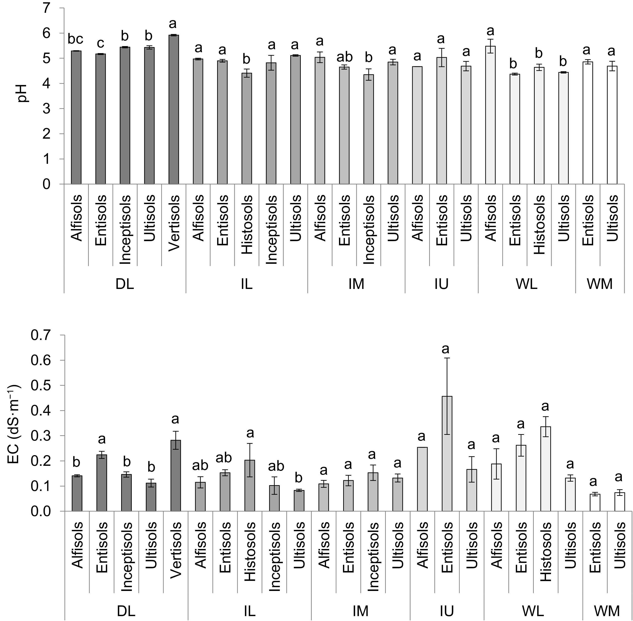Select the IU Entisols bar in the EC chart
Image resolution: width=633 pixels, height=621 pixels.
pos(447,454)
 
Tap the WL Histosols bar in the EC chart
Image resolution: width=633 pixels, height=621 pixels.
pos(546,469)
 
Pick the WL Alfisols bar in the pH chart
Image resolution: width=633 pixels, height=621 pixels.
pos(490,115)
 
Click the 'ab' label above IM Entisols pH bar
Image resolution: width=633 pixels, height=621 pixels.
pos(345,57)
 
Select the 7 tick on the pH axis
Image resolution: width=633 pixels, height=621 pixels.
pos(47,8)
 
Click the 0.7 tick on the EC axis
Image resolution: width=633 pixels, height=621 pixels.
pos(41,335)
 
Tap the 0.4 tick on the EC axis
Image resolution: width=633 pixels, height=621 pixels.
pos(41,411)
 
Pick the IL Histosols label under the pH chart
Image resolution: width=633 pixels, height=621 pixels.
pos(247,224)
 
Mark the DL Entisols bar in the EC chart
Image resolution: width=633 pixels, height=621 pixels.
pos(102,483)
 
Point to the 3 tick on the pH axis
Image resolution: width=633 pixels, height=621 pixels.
pos(47,109)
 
